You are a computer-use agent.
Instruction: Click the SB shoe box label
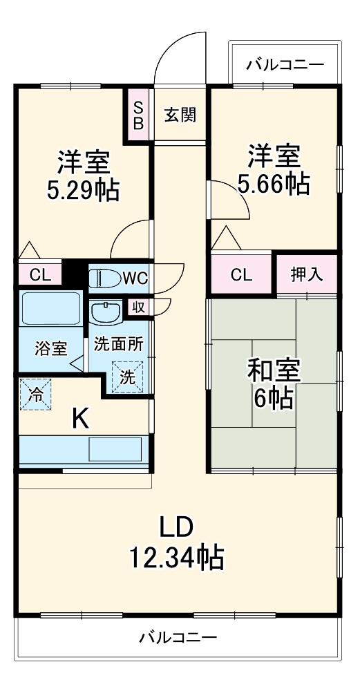(x=138, y=115)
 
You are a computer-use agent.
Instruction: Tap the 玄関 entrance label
(x=180, y=115)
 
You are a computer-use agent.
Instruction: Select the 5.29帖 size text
(x=82, y=189)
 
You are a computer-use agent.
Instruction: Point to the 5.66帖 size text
(x=274, y=184)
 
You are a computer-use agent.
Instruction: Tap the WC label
(x=135, y=278)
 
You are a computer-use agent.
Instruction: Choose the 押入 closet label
(x=306, y=274)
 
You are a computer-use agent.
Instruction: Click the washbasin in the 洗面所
(x=106, y=313)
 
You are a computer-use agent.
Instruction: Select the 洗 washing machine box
(x=128, y=377)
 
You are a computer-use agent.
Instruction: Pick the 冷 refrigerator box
(x=35, y=395)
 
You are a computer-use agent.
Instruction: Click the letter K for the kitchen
(x=81, y=419)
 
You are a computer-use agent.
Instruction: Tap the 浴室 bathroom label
(x=51, y=348)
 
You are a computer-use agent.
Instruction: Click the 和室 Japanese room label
(x=274, y=371)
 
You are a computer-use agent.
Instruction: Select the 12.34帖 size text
(x=176, y=556)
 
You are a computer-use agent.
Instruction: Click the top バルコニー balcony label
(x=285, y=66)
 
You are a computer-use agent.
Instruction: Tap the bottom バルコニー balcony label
(x=178, y=636)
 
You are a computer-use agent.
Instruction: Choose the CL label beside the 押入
(x=241, y=274)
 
